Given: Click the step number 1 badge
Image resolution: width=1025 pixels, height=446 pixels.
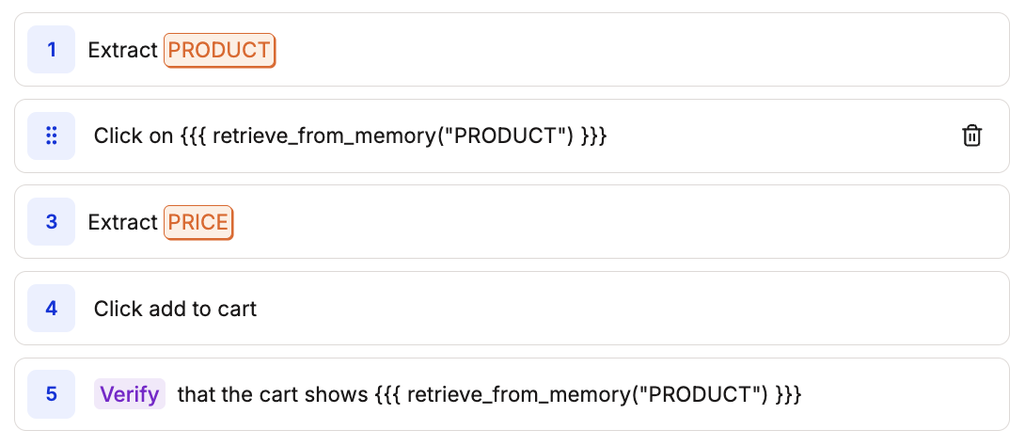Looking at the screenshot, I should (51, 49).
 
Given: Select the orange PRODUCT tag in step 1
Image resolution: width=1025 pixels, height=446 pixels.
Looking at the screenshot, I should (219, 50).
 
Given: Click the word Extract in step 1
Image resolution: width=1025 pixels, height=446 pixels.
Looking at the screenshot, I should (122, 50).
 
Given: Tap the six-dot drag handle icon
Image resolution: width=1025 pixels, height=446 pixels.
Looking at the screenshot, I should (51, 135).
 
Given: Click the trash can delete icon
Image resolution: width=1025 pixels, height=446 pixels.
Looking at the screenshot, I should (971, 135).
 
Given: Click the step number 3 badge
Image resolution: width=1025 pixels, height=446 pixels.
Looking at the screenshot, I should (51, 222).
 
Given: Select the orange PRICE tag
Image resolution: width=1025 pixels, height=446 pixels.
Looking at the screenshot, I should (198, 223).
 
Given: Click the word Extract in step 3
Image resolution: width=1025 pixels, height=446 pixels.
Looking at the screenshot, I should (122, 223).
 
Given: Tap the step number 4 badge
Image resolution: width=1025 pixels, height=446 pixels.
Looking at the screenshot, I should (51, 309).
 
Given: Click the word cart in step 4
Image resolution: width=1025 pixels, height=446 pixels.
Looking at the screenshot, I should (236, 309).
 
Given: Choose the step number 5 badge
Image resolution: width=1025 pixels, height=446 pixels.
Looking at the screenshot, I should (51, 394).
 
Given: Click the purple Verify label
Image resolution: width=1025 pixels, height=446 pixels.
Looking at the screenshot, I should (130, 394).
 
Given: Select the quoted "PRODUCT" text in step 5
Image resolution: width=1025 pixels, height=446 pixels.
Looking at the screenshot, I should (697, 394).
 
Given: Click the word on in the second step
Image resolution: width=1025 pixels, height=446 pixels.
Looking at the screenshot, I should (159, 135).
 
